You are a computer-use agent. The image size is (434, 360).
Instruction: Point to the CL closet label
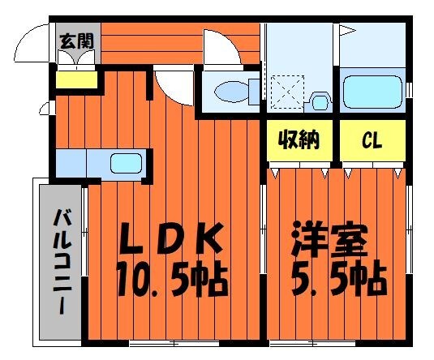[x=372, y=141]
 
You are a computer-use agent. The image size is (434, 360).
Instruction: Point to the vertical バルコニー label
[x=60, y=260]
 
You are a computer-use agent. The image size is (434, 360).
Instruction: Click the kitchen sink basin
[x=127, y=162]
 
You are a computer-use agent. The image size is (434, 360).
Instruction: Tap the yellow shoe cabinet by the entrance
[x=75, y=80]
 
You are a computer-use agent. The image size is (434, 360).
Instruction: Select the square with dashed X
[x=286, y=88]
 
